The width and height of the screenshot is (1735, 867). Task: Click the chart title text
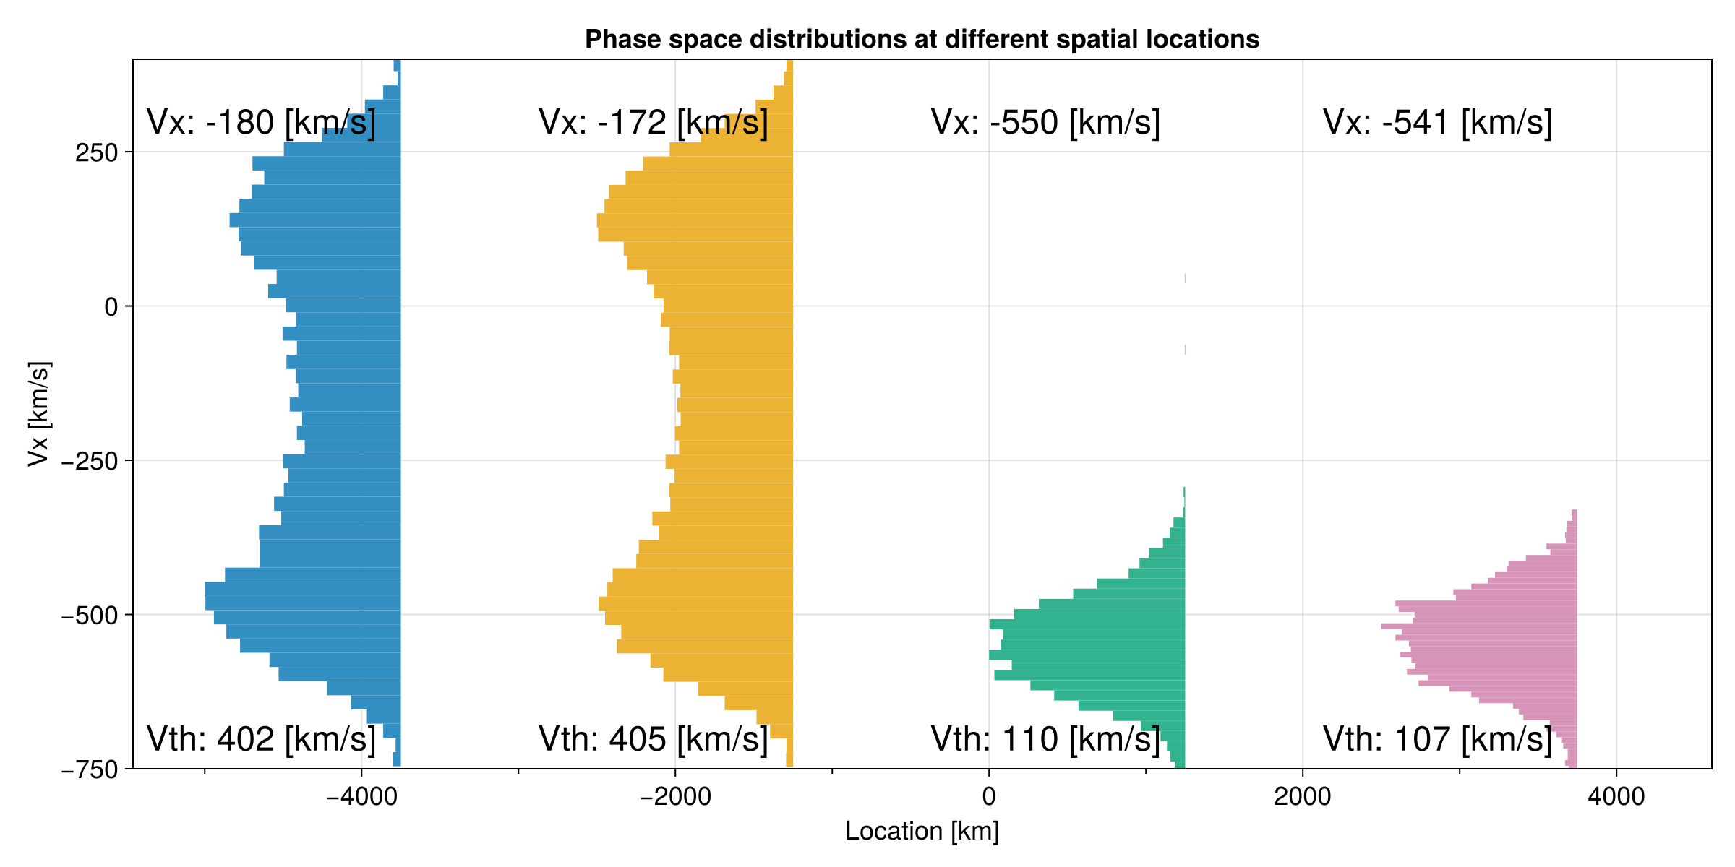922,39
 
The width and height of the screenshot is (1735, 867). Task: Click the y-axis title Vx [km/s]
39,414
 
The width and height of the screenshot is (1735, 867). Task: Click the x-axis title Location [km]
922,831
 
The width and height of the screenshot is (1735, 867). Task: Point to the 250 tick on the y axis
96,153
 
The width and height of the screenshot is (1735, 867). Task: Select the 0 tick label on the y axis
111,307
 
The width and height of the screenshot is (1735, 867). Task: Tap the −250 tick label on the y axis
90,461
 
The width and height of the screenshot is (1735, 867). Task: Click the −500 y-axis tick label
90,616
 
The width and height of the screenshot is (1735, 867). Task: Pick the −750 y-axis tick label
90,770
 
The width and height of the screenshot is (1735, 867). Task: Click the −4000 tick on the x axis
361,796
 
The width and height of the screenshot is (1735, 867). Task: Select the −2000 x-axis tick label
675,796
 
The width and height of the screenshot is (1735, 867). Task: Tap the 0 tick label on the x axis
989,796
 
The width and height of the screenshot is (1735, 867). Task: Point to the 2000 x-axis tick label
1303,796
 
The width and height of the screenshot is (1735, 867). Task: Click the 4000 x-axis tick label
1616,796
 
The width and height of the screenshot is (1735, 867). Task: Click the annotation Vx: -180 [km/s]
261,123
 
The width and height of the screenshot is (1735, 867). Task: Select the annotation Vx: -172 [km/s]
653,123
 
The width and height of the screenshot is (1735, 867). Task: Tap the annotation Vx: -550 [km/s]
1045,123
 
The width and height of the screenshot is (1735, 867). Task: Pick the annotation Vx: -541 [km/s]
1437,123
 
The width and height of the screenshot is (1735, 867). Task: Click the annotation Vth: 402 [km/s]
261,739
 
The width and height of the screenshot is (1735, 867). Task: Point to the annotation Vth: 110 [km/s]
1045,739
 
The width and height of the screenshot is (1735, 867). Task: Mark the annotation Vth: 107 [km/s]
1437,739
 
